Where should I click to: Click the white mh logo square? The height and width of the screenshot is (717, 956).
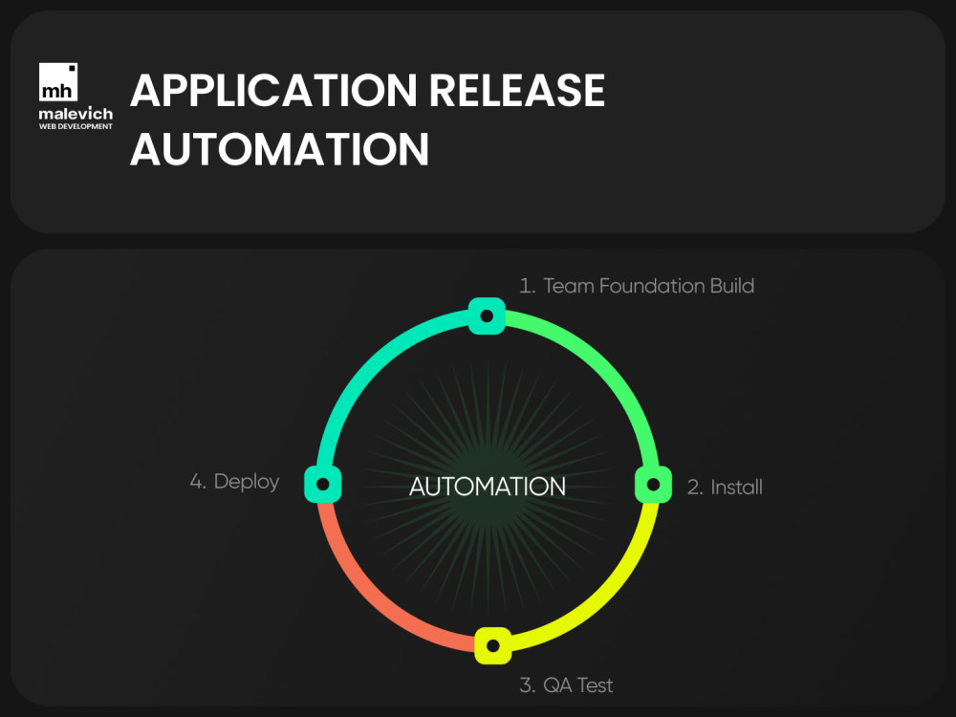(58, 81)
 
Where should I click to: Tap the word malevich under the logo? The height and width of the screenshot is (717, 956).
(76, 114)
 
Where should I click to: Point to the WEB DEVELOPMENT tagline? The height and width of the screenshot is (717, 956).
(76, 126)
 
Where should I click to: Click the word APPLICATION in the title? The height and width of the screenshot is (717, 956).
(273, 90)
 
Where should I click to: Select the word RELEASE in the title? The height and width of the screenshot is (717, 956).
(517, 90)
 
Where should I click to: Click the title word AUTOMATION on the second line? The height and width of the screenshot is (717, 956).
(280, 149)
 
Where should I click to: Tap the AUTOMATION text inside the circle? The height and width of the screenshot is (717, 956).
(488, 487)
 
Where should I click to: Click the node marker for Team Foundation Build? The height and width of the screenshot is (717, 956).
(487, 315)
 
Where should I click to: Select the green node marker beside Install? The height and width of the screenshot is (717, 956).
(653, 485)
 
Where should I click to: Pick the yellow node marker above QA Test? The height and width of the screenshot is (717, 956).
(492, 645)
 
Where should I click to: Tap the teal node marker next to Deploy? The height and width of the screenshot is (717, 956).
(322, 484)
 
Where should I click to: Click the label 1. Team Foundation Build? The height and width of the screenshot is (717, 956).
(637, 286)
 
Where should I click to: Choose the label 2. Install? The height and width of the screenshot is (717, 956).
(725, 488)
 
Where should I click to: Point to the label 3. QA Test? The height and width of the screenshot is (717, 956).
(566, 685)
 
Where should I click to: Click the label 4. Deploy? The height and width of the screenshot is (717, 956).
(234, 482)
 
